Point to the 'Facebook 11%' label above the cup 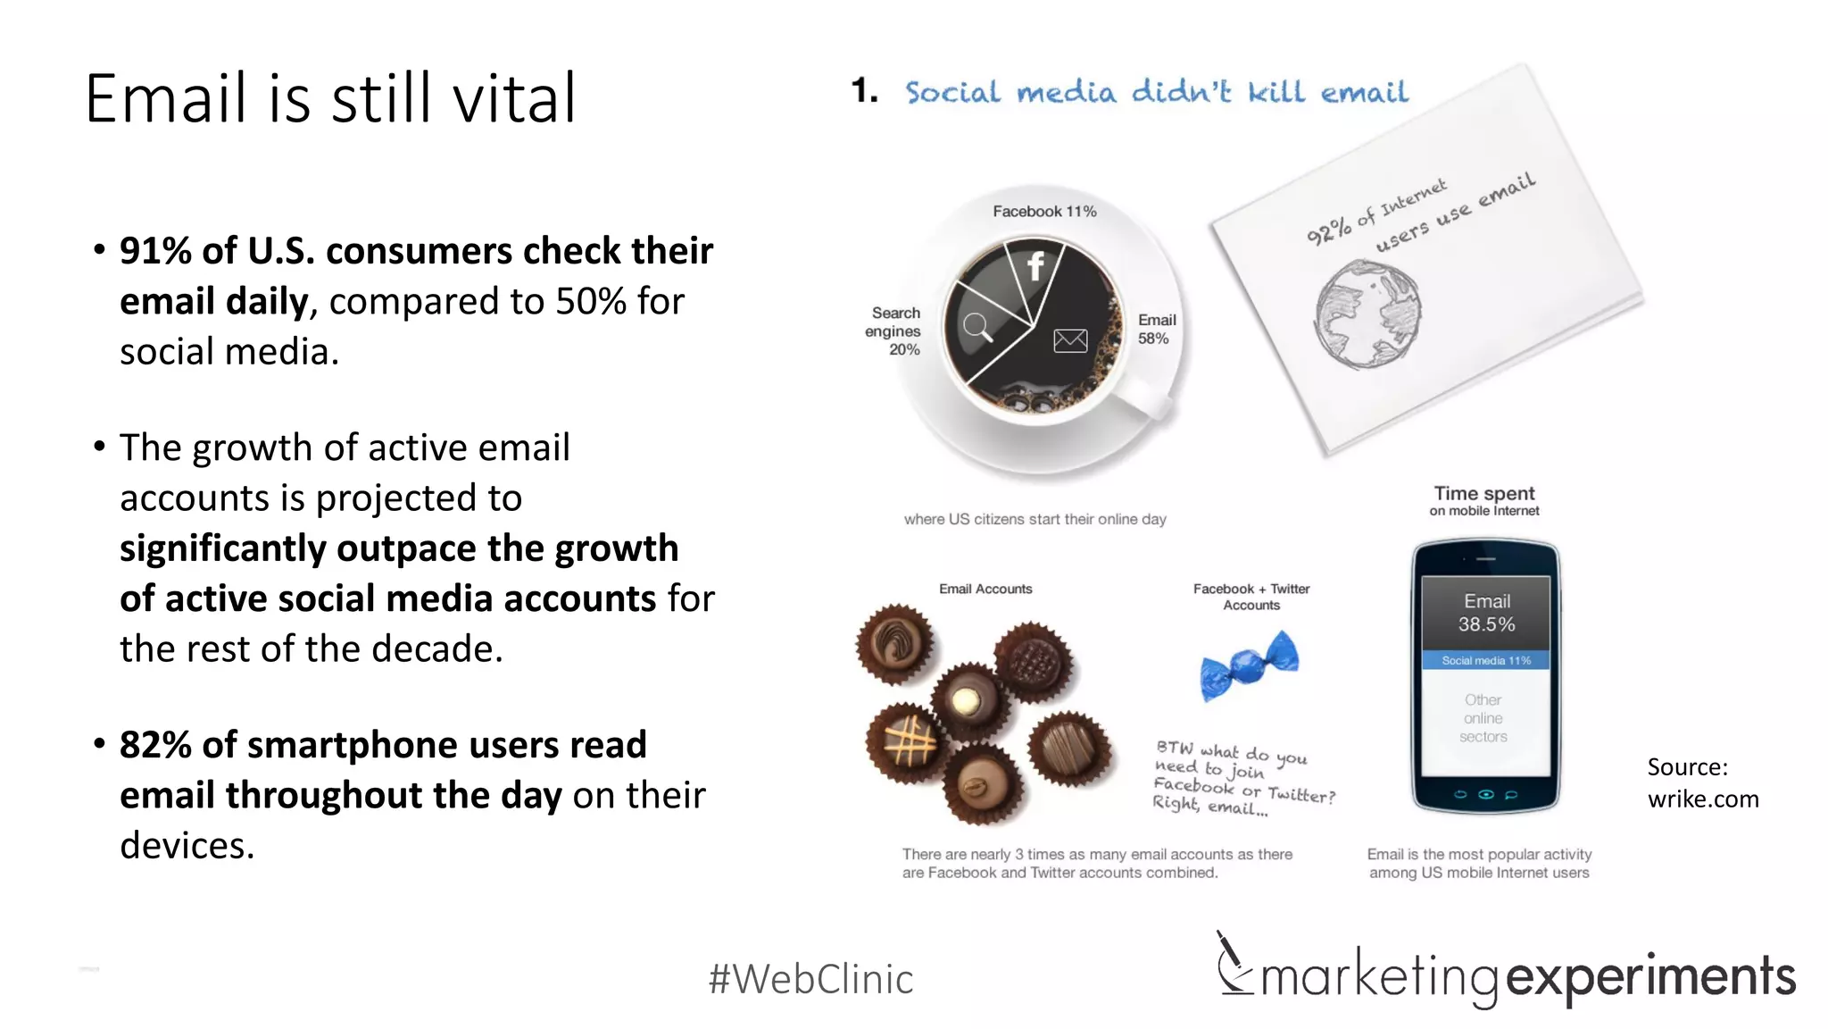[x=1044, y=212]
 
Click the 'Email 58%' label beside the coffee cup [x=1156, y=329]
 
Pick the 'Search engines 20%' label [x=894, y=330]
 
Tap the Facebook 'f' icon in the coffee [x=1035, y=265]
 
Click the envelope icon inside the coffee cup [x=1070, y=340]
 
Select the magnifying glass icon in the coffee [x=977, y=327]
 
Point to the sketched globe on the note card [x=1367, y=314]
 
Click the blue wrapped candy [x=1249, y=665]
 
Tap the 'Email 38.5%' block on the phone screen [x=1486, y=613]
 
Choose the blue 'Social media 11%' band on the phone [x=1486, y=661]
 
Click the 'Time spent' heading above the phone [x=1484, y=494]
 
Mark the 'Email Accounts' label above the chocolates [x=985, y=590]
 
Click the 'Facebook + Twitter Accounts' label [x=1251, y=597]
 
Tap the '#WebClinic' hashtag [x=810, y=979]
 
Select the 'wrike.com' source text [x=1703, y=799]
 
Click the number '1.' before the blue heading [x=864, y=91]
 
